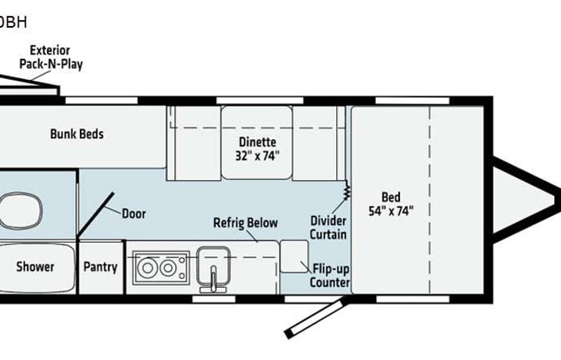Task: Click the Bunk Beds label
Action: click(77, 134)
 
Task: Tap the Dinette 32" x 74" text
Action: click(257, 149)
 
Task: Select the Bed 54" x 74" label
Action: click(391, 204)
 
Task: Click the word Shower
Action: click(35, 266)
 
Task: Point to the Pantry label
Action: click(101, 267)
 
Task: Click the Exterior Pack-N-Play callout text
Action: click(51, 58)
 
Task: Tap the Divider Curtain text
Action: click(328, 228)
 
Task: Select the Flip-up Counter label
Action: click(330, 276)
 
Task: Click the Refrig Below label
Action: click(246, 223)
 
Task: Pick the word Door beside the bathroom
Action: click(134, 213)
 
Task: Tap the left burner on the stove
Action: click(147, 269)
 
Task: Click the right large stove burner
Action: click(168, 268)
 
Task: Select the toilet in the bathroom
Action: click(21, 210)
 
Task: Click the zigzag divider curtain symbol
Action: click(346, 190)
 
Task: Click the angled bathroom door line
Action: click(95, 214)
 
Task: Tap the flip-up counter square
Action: click(294, 256)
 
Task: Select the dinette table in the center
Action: click(256, 143)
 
